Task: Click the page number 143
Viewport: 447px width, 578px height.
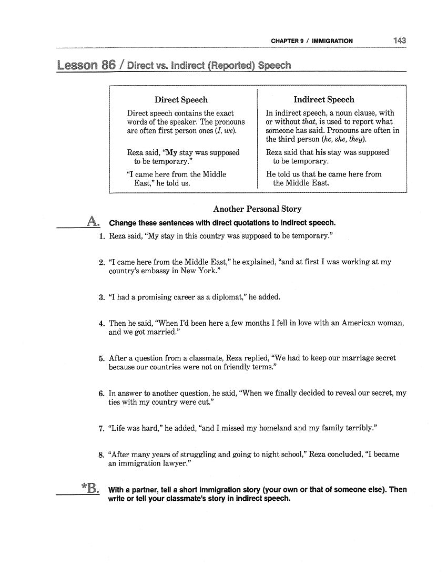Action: point(399,40)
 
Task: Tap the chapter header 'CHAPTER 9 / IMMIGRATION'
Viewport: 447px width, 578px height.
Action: point(312,41)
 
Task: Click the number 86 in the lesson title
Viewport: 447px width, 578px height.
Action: point(108,66)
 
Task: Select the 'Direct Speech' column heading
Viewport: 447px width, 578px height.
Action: point(181,100)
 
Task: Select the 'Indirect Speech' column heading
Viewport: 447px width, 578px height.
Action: point(324,100)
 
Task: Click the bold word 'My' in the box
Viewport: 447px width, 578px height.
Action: point(171,152)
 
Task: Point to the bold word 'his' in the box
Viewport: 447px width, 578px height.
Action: point(321,152)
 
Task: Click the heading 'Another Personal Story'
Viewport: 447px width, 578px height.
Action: point(257,209)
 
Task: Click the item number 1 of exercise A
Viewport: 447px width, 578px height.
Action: point(102,236)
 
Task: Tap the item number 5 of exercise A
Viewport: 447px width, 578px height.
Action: point(102,358)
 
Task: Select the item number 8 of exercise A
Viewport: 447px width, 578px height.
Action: point(102,455)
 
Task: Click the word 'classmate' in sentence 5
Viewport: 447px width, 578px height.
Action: point(207,358)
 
